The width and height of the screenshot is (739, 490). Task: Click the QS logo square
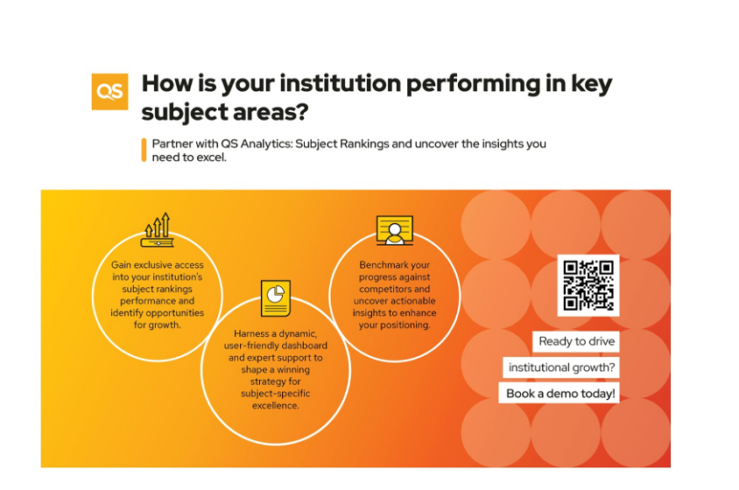[109, 91]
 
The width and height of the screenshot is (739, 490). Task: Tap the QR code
[588, 285]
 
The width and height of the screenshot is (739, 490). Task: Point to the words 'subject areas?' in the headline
[225, 113]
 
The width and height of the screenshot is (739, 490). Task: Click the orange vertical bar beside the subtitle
[144, 150]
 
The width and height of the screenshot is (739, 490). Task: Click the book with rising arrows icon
[158, 230]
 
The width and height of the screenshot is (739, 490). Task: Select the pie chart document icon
[276, 298]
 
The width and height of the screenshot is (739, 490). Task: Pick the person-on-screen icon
[395, 230]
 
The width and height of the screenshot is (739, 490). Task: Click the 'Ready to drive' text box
[576, 341]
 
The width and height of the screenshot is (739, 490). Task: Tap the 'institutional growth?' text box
[561, 367]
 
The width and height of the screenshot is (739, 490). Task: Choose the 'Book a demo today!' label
[559, 393]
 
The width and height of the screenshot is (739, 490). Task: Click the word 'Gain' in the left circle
[121, 265]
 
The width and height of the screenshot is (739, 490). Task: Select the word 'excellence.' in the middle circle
[275, 406]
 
